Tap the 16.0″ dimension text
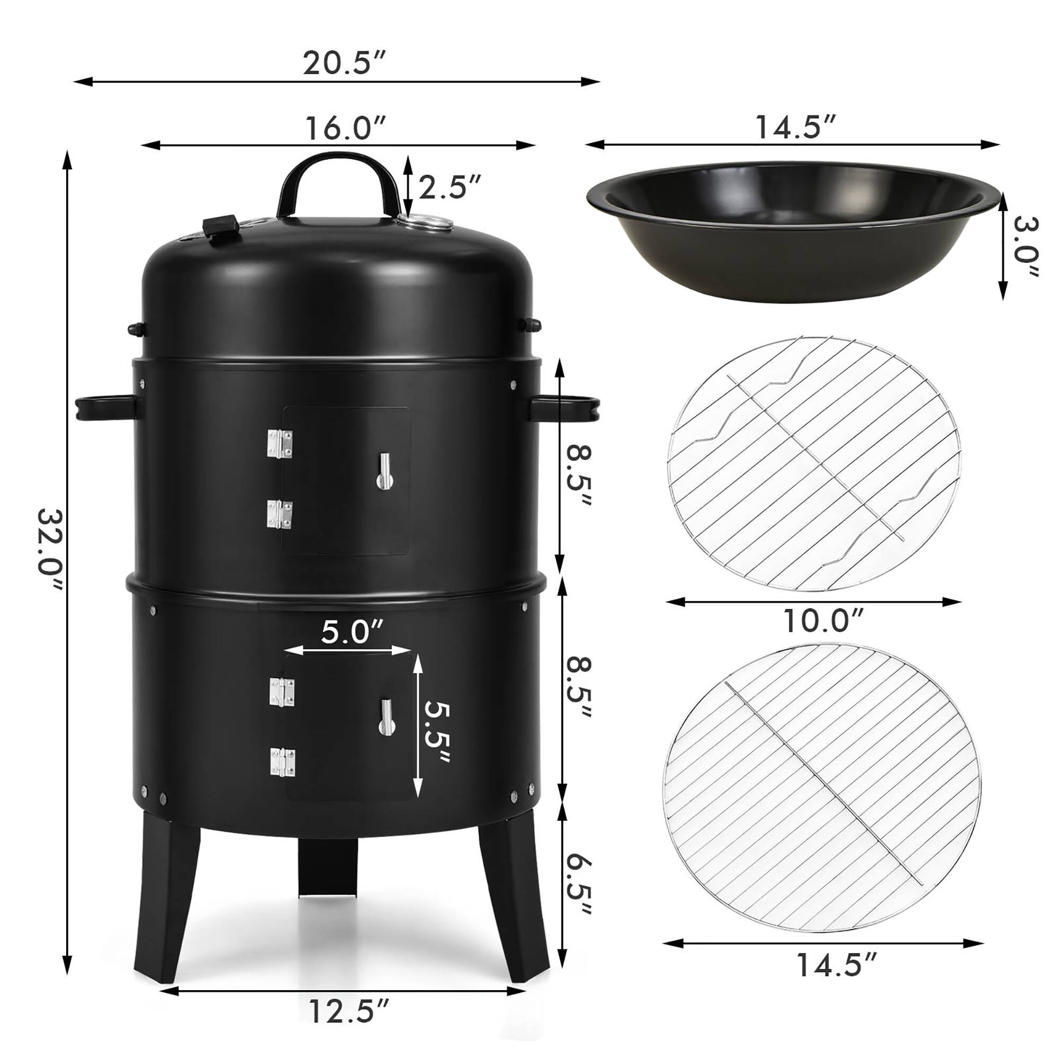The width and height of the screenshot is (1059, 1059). (x=346, y=128)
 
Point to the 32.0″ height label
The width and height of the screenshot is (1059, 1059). (x=51, y=558)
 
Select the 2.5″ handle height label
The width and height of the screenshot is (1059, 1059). (x=450, y=187)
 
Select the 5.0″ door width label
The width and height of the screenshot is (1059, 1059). (x=352, y=632)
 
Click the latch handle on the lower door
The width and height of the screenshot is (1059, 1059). (x=385, y=716)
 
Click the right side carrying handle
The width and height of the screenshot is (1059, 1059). (x=564, y=409)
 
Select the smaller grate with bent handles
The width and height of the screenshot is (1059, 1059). (x=814, y=463)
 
